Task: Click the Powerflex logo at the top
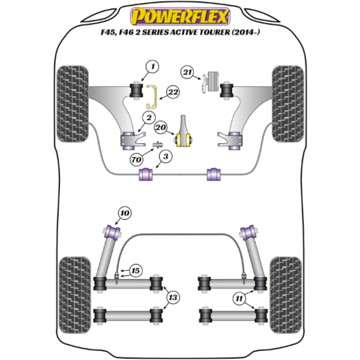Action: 180,14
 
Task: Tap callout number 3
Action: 162,157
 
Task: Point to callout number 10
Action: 125,212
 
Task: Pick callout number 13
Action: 174,296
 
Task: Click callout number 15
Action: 136,271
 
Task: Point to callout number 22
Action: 173,92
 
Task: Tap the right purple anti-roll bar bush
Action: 214,174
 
